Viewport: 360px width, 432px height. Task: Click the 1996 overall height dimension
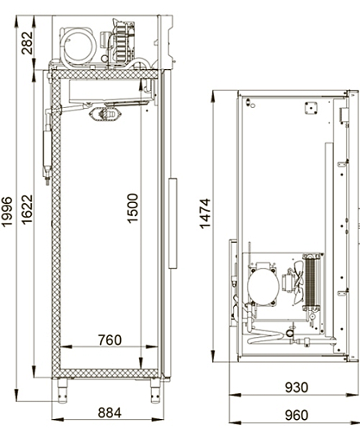tap(7, 212)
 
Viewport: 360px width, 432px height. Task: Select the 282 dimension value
tap(28, 43)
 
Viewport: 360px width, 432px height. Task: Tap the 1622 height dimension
tap(28, 209)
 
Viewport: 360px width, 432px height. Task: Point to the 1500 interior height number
tap(133, 208)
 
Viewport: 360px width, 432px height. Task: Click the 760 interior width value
tap(110, 340)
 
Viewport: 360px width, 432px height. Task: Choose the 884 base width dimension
tap(110, 413)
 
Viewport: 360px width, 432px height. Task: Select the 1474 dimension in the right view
tap(205, 213)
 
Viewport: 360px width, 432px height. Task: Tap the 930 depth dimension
tap(296, 387)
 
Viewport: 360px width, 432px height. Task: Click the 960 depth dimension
tap(296, 415)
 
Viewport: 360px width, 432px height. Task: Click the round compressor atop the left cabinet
tap(79, 46)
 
